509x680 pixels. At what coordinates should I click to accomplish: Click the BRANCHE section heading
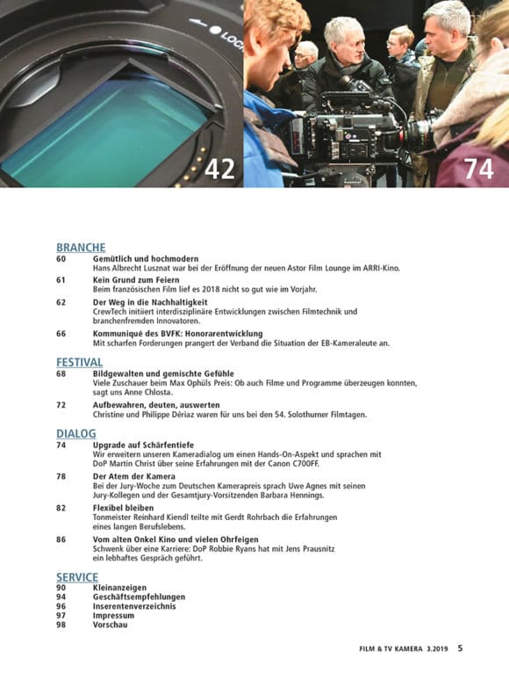pyautogui.click(x=81, y=247)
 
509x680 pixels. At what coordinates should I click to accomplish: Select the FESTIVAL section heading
pyautogui.click(x=79, y=362)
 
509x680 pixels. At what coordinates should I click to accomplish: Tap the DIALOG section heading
pyautogui.click(x=76, y=433)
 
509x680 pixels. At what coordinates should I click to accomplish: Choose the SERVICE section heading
pyautogui.click(x=77, y=577)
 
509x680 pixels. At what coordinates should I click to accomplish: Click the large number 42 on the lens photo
pyautogui.click(x=219, y=169)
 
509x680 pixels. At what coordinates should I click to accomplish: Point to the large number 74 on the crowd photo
pyautogui.click(x=478, y=169)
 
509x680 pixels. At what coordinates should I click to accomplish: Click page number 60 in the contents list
pyautogui.click(x=61, y=258)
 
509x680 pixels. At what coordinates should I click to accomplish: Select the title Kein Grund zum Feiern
pyautogui.click(x=136, y=279)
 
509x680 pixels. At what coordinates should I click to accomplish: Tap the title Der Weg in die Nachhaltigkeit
pyautogui.click(x=150, y=302)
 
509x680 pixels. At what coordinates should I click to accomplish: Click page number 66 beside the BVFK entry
pyautogui.click(x=61, y=334)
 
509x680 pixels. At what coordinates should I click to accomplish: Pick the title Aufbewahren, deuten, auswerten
pyautogui.click(x=156, y=405)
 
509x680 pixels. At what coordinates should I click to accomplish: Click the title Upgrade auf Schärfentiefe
pyautogui.click(x=143, y=445)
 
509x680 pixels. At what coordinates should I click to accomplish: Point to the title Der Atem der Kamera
pyautogui.click(x=134, y=476)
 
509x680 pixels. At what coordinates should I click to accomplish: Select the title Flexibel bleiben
pyautogui.click(x=123, y=508)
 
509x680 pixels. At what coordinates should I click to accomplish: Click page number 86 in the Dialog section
pyautogui.click(x=61, y=539)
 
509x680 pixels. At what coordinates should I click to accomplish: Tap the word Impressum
pyautogui.click(x=113, y=615)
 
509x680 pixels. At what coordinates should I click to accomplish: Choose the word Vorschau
pyautogui.click(x=110, y=625)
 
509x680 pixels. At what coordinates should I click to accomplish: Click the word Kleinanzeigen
pyautogui.click(x=119, y=588)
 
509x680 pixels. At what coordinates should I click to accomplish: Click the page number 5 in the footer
pyautogui.click(x=460, y=648)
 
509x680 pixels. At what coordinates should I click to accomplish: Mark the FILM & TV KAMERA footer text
pyautogui.click(x=391, y=649)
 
